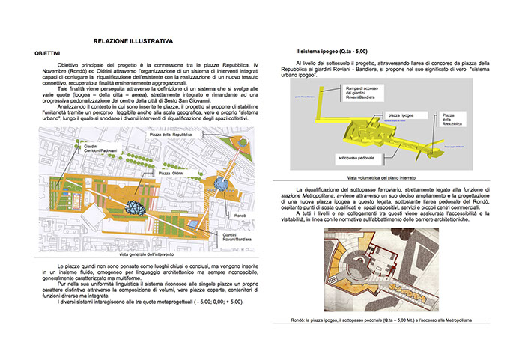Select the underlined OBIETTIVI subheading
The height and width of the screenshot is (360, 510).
coord(47,55)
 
